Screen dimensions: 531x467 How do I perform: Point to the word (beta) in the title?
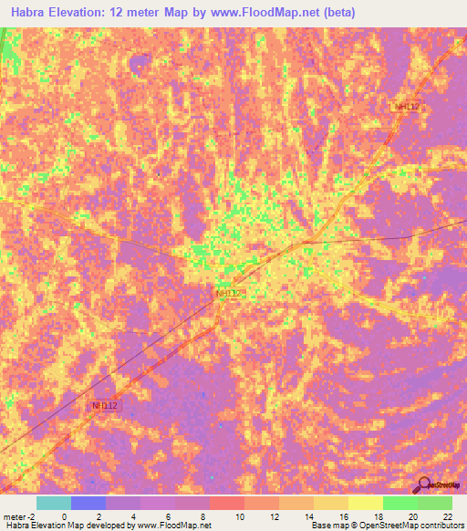click(x=338, y=13)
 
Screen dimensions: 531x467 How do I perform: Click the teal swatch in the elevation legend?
click(x=54, y=503)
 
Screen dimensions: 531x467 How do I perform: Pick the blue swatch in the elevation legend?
click(x=88, y=503)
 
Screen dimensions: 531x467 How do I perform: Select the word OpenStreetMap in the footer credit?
click(x=381, y=526)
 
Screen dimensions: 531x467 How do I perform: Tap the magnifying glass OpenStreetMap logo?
click(x=424, y=483)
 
